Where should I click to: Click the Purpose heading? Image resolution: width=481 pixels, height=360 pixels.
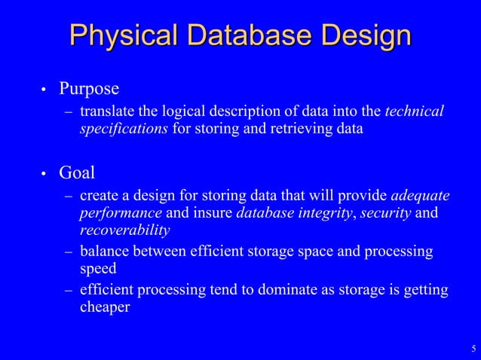point(89,90)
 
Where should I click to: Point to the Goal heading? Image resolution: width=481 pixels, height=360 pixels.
point(77,173)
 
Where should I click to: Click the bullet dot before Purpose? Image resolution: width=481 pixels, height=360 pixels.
point(44,91)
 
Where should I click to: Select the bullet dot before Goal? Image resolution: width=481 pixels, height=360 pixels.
point(44,175)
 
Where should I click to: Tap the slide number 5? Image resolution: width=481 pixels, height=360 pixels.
point(473,348)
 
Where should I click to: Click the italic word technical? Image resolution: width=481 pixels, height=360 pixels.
point(414,112)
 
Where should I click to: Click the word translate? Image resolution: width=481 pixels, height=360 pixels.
point(107,112)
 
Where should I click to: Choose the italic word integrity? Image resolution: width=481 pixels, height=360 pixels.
point(325,212)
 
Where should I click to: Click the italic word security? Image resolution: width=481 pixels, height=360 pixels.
point(385,212)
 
